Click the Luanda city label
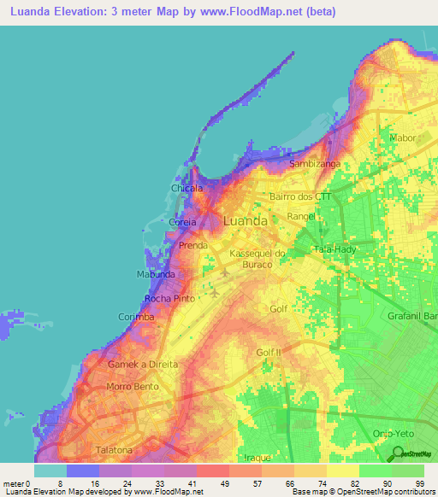[x=245, y=220]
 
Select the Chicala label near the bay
[x=187, y=188]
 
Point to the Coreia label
[x=183, y=222]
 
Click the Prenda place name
[x=194, y=246]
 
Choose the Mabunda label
[x=157, y=274]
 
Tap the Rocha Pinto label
[x=170, y=298]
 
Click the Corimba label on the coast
[x=136, y=317]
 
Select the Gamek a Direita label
[x=143, y=364]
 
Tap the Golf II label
[x=268, y=352]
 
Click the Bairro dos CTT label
[x=300, y=196]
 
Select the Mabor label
[x=402, y=137]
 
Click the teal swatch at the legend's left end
[x=50, y=471]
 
